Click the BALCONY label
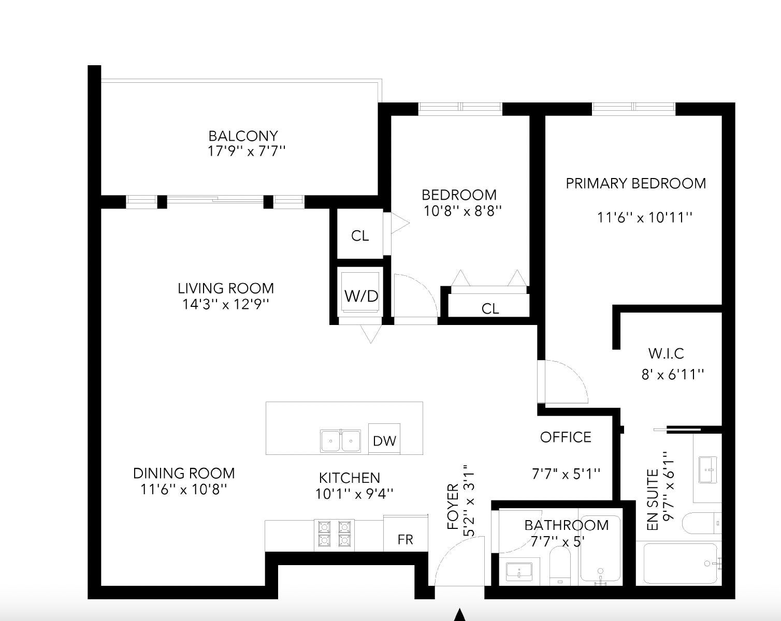243,136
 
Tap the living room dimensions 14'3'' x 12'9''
226,304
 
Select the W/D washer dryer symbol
360,292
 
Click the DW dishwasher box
384,438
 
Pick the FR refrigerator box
406,533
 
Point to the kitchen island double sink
340,441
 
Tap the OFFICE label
566,437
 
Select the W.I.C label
666,353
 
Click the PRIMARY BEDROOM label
636,184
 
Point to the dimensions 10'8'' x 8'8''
462,211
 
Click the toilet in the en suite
701,523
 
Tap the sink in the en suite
708,470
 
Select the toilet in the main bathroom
560,565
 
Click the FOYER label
453,507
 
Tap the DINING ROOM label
184,474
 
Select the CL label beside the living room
360,236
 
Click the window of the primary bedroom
633,107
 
